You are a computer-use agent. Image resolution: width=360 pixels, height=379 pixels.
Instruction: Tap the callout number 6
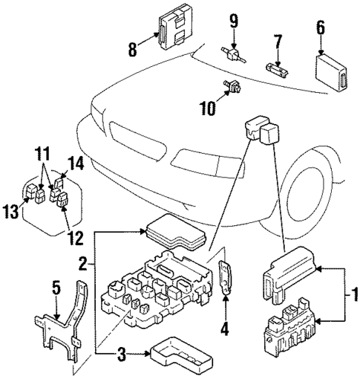tap(321, 27)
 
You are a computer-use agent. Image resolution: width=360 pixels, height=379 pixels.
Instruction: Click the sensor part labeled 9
tap(234, 54)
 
